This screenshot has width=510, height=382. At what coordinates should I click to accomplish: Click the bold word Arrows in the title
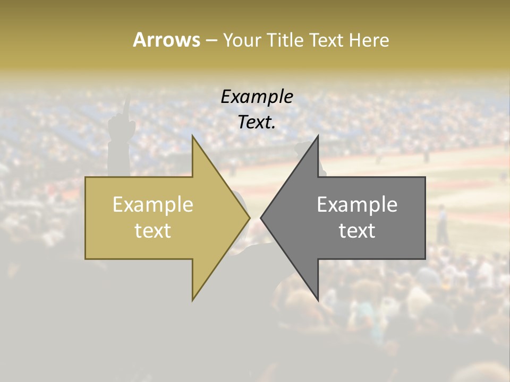(166, 40)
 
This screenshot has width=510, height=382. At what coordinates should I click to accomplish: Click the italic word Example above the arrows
(257, 97)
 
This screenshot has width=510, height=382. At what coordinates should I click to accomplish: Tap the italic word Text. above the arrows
(257, 123)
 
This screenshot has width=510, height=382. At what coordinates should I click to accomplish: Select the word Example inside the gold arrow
(152, 205)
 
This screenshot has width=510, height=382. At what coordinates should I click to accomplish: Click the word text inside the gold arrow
(152, 231)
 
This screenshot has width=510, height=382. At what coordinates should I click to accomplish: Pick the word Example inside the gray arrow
(357, 205)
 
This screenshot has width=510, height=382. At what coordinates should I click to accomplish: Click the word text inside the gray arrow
(357, 231)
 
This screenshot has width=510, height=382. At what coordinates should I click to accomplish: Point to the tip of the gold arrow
(250, 218)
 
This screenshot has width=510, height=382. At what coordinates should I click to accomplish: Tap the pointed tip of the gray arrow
(261, 218)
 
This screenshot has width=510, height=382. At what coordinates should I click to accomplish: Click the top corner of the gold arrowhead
(193, 136)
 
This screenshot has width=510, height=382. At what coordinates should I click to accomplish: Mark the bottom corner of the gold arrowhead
(193, 300)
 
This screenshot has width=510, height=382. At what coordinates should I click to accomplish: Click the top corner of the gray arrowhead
(318, 136)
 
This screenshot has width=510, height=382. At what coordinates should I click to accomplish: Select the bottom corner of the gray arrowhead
(318, 300)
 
